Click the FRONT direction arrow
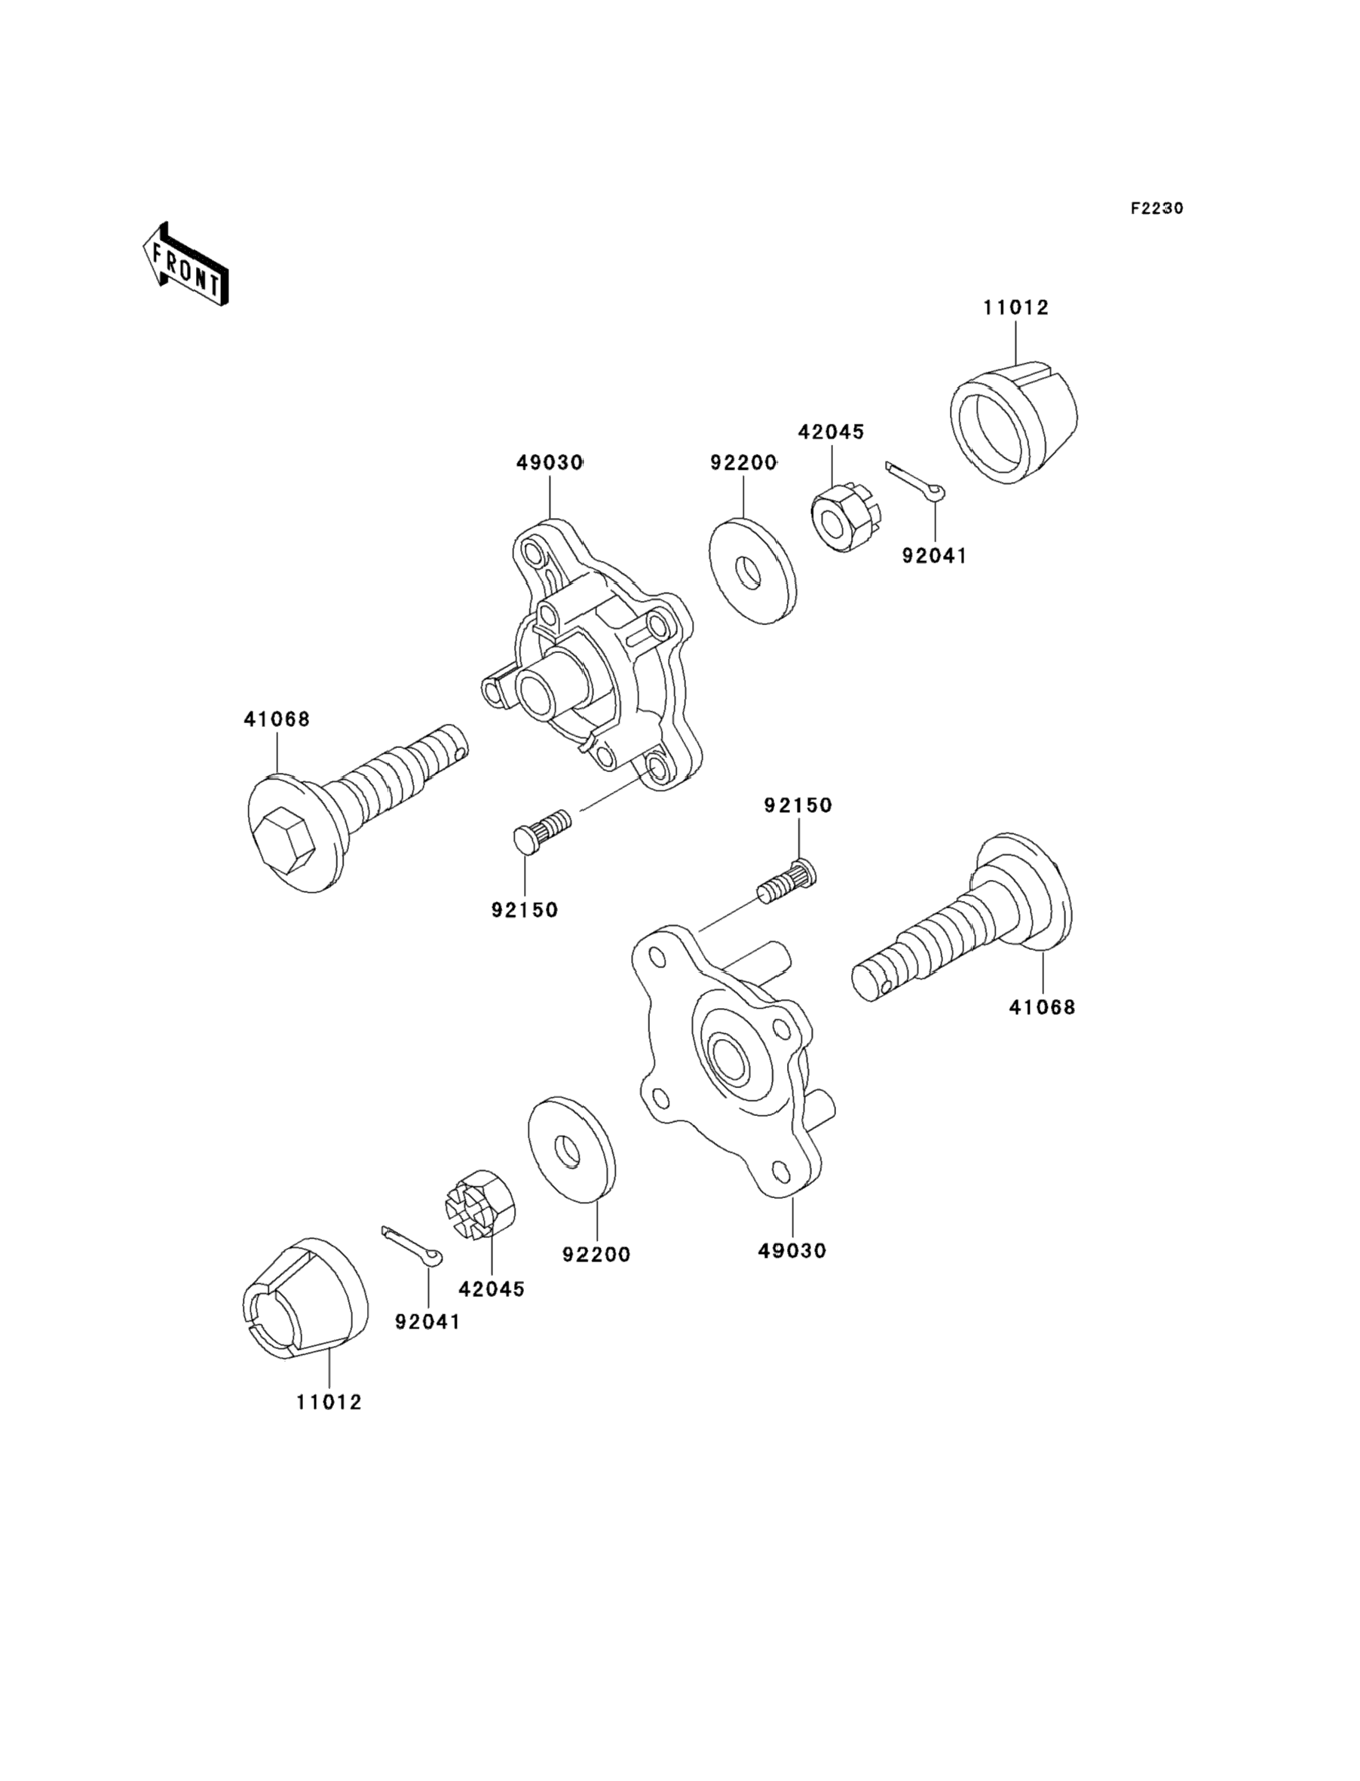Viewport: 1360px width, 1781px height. (x=185, y=265)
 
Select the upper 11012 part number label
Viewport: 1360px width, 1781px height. (x=1016, y=308)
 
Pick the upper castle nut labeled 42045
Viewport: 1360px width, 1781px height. (x=843, y=516)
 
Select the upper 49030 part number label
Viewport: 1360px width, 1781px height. (x=550, y=463)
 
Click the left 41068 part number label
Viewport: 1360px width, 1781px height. (x=277, y=719)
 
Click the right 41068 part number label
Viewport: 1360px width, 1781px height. (x=1042, y=1007)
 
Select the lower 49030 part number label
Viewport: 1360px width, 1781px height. (x=792, y=1251)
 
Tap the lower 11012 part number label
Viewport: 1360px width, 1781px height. (x=329, y=1402)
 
